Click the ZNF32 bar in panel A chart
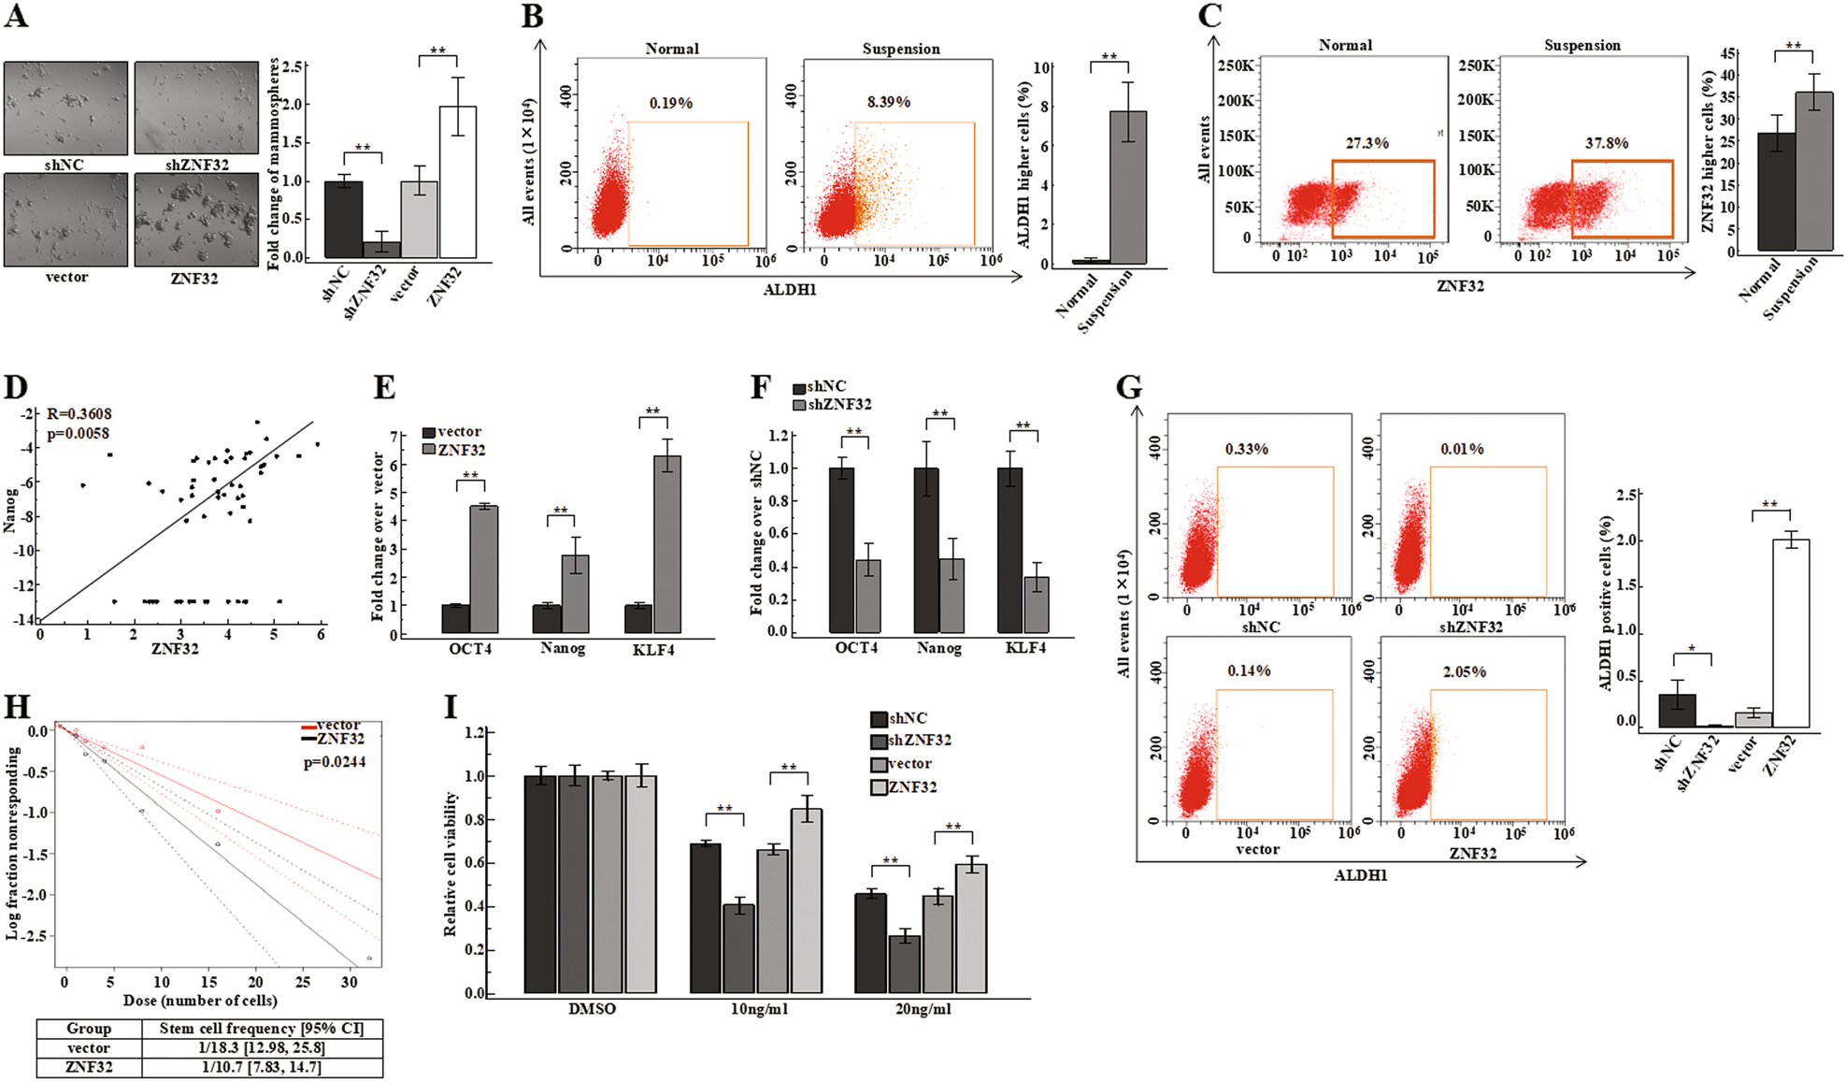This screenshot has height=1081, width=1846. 457,182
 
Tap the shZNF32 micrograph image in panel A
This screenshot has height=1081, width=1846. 196,108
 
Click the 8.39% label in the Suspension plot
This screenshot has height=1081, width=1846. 888,102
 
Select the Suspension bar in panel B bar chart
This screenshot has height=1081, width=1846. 1127,187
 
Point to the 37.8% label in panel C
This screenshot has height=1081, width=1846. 1606,143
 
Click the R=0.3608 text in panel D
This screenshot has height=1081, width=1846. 79,413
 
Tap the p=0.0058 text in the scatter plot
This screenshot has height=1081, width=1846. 79,433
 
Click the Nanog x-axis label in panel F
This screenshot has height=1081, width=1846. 938,648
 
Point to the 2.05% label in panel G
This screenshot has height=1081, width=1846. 1464,671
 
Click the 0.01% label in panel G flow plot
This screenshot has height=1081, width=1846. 1462,449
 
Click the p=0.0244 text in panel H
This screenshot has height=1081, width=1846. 335,762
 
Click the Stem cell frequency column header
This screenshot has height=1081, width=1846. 261,1029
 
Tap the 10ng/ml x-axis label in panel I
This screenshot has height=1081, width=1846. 759,1009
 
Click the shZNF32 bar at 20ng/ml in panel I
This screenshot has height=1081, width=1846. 904,963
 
